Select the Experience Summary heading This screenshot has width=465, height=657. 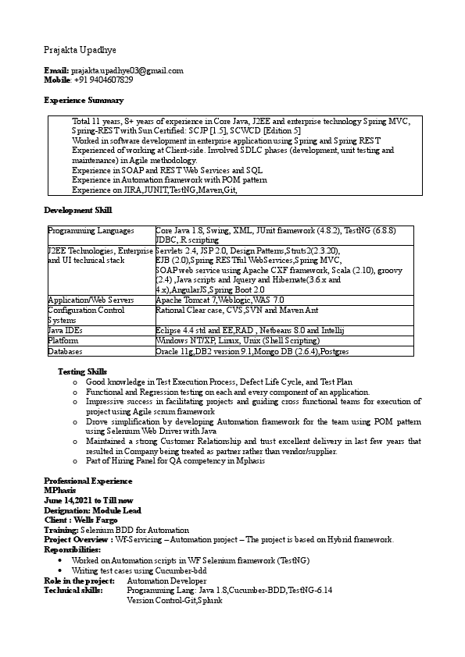(84, 101)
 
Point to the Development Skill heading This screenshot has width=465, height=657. (78, 211)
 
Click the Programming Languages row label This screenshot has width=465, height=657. (91, 231)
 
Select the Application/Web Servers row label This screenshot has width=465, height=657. (91, 300)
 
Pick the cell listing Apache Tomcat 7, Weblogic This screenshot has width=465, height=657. (220, 300)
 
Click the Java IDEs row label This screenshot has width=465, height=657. (66, 331)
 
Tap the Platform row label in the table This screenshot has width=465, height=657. (63, 341)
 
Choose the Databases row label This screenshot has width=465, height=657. (66, 352)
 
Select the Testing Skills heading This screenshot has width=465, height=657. (83, 371)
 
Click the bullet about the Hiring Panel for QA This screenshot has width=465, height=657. (175, 461)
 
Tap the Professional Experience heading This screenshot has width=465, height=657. (88, 481)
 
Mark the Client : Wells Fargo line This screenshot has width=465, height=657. (80, 519)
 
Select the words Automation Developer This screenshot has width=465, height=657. (166, 581)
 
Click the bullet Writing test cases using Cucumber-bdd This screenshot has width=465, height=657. (139, 571)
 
